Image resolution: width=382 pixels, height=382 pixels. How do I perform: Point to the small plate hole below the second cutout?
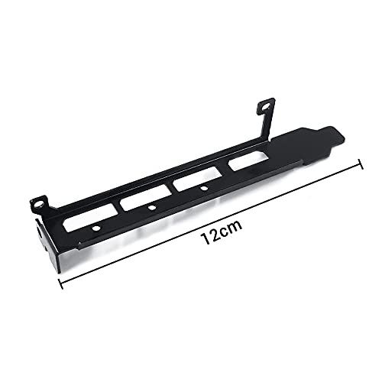pyautogui.click(x=153, y=209)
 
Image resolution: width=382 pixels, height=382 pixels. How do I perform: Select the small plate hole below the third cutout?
pyautogui.click(x=204, y=189)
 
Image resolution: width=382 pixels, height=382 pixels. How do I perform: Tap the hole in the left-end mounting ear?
pyautogui.click(x=40, y=203)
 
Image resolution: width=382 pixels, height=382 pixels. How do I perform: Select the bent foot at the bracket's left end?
pyautogui.click(x=47, y=237)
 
